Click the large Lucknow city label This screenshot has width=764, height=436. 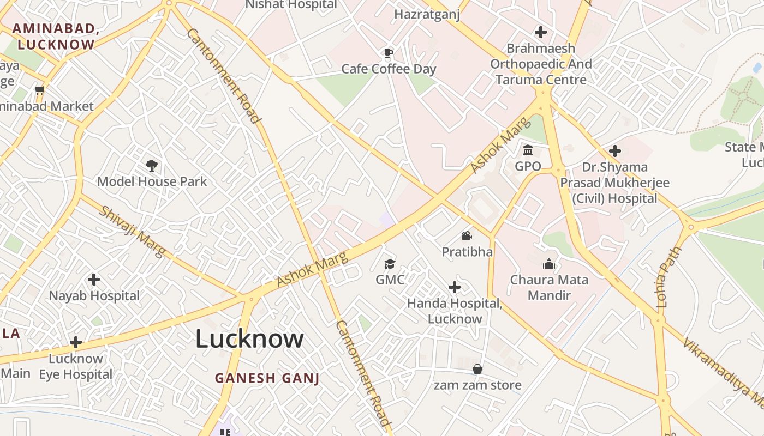tap(249, 339)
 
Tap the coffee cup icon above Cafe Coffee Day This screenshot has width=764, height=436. tap(388, 53)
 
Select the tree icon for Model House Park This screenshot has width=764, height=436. tap(152, 165)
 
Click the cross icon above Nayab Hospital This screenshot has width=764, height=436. tap(94, 280)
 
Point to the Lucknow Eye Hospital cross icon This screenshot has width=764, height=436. tap(76, 342)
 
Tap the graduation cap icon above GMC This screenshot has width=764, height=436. tap(390, 264)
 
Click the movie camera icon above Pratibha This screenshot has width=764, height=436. tap(467, 235)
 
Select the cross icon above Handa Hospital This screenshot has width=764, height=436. tap(454, 287)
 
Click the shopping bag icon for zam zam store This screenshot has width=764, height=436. tap(477, 369)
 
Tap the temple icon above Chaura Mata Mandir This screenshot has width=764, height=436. tap(548, 264)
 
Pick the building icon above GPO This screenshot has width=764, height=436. tap(528, 150)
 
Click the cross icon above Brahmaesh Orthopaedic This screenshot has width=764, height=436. tap(541, 32)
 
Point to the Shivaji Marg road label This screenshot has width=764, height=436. tap(132, 232)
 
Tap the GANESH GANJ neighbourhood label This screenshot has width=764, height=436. tap(267, 378)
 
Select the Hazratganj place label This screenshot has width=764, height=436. tap(427, 14)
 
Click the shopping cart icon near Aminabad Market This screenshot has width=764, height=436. tap(39, 90)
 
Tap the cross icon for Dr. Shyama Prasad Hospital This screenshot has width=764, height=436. tap(615, 150)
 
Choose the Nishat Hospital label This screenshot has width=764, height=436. tap(291, 5)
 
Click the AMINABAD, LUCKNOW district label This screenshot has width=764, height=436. tap(56, 37)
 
